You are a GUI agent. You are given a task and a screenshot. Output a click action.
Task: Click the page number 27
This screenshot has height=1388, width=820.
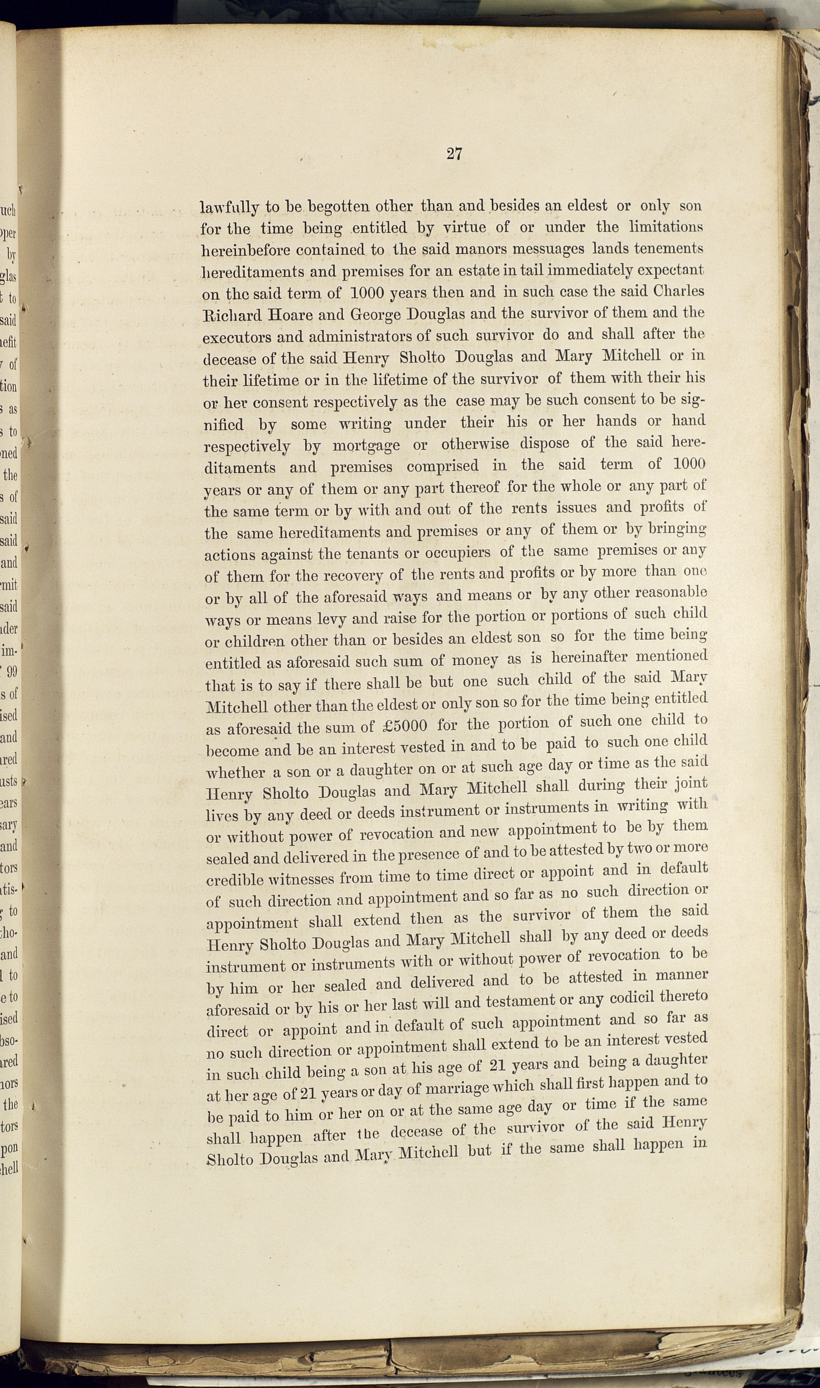tap(454, 154)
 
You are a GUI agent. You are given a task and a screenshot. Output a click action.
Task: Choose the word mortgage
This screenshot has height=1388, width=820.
tap(366, 445)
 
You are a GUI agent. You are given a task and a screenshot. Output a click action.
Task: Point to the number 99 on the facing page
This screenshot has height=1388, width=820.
tap(11, 672)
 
